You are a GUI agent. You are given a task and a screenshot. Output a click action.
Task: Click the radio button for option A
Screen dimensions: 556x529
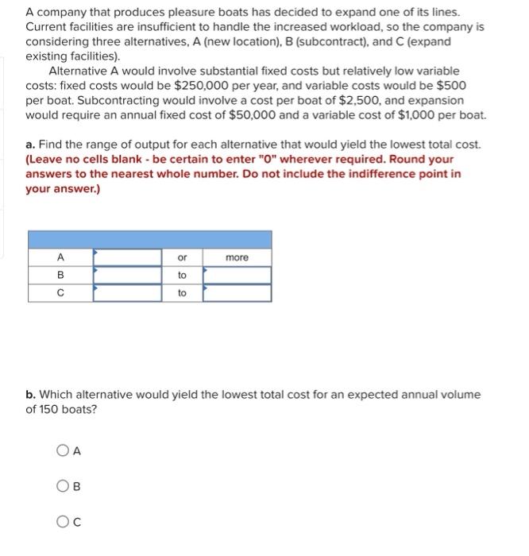coord(63,451)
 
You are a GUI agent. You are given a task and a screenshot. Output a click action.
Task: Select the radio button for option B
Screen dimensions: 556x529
coord(63,487)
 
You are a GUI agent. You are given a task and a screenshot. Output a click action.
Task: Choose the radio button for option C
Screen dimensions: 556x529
coord(63,522)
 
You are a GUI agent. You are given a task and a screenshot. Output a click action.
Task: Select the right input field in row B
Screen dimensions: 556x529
coord(237,275)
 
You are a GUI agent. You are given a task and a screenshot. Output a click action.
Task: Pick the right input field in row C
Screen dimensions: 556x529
coord(237,293)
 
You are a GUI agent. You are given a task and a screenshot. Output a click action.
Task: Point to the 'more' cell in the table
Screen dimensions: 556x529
coord(237,257)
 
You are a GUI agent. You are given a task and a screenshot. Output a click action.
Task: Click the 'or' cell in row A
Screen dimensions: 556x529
coord(182,257)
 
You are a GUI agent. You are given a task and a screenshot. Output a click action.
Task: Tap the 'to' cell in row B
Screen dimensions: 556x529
coord(182,275)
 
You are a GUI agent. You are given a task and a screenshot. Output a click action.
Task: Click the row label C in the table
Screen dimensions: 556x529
coord(60,293)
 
